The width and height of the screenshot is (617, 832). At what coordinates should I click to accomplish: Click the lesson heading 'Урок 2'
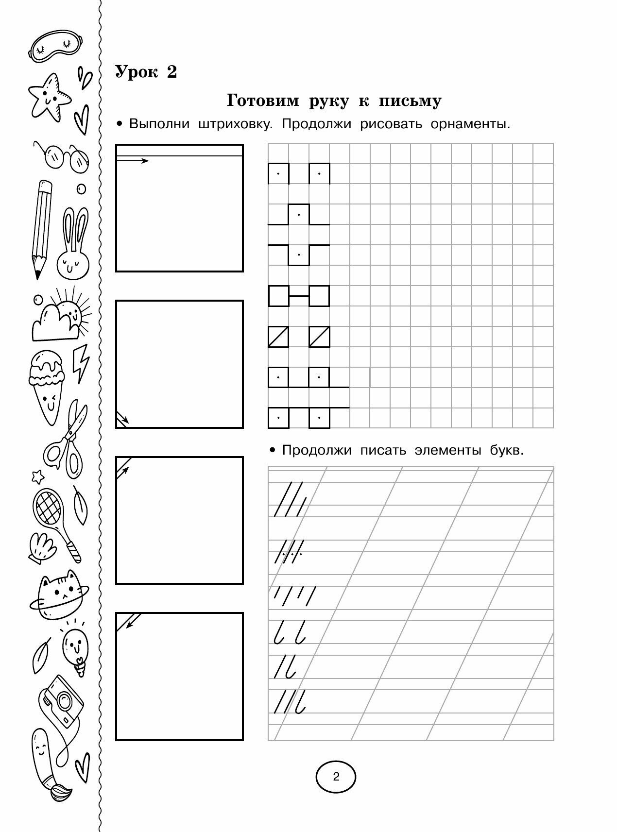tap(146, 72)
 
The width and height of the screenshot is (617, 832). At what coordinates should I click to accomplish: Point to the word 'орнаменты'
tap(470, 124)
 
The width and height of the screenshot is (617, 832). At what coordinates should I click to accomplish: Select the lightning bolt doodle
tap(81, 363)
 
